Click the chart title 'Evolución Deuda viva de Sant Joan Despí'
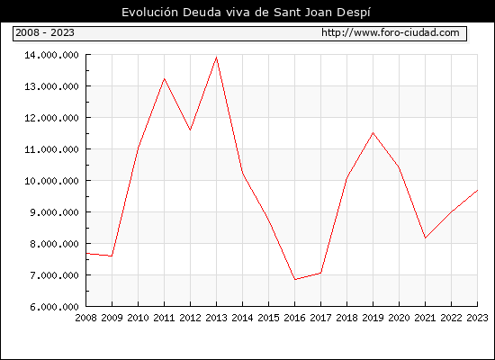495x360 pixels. (x=246, y=13)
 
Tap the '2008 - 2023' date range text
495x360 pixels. (x=45, y=32)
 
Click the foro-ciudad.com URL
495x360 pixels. (x=391, y=32)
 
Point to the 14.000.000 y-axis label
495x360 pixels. (x=51, y=55)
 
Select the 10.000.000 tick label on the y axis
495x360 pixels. (x=51, y=181)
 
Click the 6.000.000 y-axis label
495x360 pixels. (x=54, y=307)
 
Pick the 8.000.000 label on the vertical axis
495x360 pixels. (x=54, y=244)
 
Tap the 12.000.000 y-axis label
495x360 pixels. (x=51, y=118)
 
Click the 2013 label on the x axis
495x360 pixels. (x=216, y=318)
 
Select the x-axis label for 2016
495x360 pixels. (x=294, y=318)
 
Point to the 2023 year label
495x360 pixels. (x=477, y=318)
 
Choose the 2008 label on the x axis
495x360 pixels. (x=85, y=318)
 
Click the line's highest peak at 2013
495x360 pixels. (x=216, y=58)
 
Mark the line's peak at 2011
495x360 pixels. (x=164, y=78)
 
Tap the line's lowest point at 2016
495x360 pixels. (x=295, y=280)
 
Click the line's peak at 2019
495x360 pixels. (x=373, y=132)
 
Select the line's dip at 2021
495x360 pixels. (x=425, y=238)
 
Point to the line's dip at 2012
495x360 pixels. (x=190, y=130)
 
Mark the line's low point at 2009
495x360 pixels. (x=112, y=256)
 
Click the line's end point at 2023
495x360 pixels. (x=477, y=191)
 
